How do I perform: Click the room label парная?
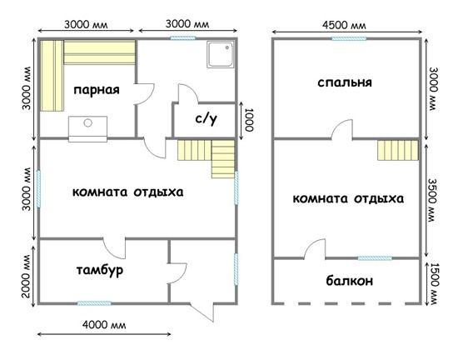tap(97, 90)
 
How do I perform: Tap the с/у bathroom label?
tap(206, 118)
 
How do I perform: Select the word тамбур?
tap(100, 270)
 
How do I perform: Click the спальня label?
tap(345, 82)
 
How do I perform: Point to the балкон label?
tap(350, 281)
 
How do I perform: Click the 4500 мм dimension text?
tap(344, 25)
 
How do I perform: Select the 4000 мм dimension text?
tap(104, 325)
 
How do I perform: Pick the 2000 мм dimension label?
tap(26, 276)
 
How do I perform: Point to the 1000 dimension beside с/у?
tap(249, 120)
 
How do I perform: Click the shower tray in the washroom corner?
tap(220, 55)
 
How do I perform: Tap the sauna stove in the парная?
tap(87, 128)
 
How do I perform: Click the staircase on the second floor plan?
tap(398, 150)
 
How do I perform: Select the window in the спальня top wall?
tap(349, 38)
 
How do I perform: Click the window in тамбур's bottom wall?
tap(94, 303)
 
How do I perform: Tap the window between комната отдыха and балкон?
tap(375, 258)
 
